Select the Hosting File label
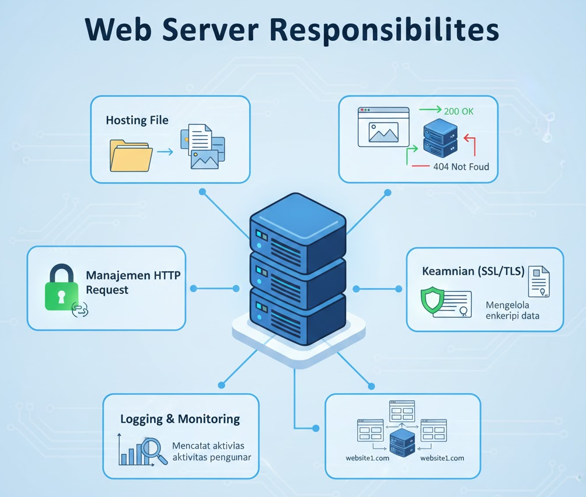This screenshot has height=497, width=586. (137, 120)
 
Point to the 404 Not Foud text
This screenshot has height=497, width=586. (461, 166)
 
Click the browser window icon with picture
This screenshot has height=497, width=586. (383, 127)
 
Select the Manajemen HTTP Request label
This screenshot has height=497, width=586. (133, 282)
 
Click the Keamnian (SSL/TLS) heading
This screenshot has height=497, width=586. (473, 271)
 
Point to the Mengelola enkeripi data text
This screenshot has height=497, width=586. (512, 310)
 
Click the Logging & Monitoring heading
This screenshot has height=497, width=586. (180, 419)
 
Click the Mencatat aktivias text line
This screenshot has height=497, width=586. (208, 446)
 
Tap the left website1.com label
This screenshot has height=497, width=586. (367, 458)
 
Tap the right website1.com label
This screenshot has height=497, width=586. (442, 458)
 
